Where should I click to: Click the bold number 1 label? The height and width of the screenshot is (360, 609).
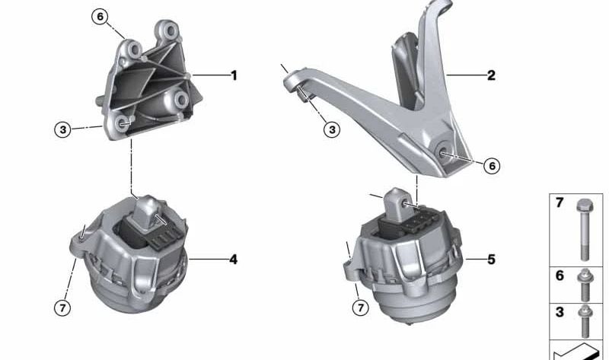tap(234, 75)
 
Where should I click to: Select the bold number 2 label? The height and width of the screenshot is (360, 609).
tap(491, 75)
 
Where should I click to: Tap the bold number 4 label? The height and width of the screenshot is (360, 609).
tap(233, 260)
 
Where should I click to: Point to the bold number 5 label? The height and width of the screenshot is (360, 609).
tap(491, 260)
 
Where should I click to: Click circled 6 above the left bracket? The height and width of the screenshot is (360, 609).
tap(100, 17)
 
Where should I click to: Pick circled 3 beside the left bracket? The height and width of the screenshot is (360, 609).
tap(63, 129)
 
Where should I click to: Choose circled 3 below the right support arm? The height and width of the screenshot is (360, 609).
tap(332, 129)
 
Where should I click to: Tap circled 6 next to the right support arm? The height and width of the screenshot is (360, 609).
tap(492, 166)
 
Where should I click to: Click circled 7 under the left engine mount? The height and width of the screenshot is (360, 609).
tap(62, 308)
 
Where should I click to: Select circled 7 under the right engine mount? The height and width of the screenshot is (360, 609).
tap(360, 307)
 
